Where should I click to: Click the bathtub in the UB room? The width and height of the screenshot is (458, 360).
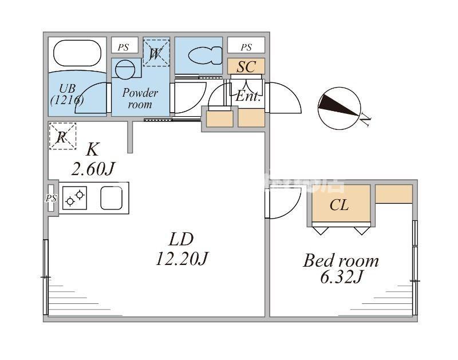(x=77, y=54)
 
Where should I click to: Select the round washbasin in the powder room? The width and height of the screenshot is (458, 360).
(x=125, y=69)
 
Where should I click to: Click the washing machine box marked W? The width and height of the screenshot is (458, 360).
(x=155, y=53)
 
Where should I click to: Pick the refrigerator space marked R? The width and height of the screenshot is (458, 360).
(x=62, y=136)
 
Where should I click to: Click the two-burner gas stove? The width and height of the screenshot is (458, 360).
(x=74, y=198)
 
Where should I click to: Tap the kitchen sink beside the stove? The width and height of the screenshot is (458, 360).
(x=111, y=198)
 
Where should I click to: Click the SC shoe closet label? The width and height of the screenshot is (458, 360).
(x=246, y=66)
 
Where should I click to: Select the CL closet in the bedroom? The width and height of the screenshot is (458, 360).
(x=339, y=205)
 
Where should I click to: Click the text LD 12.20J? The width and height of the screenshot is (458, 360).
(x=180, y=249)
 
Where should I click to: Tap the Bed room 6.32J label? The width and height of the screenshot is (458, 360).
(x=341, y=268)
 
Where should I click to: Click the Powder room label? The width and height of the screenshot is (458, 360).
(x=140, y=98)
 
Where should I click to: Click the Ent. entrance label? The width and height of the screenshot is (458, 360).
(x=248, y=97)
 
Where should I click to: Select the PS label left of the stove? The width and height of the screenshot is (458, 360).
(x=52, y=198)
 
